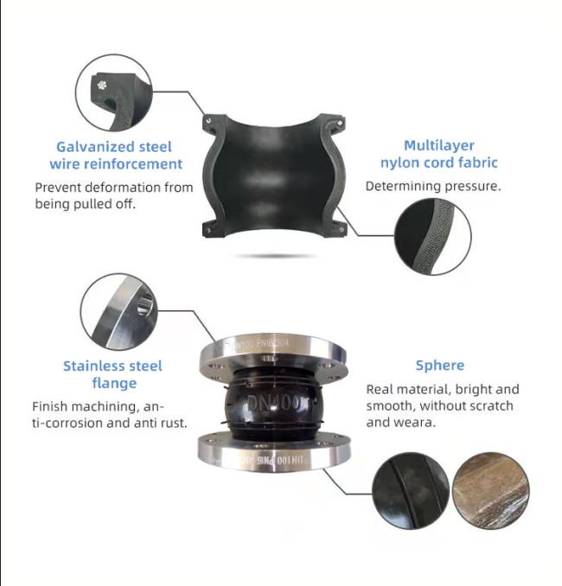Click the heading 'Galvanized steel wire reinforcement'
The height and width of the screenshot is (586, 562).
115,156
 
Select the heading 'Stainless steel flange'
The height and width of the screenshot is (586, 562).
113,374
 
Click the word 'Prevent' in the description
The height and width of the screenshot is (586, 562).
61,187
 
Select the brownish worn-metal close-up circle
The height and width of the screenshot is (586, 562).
491,490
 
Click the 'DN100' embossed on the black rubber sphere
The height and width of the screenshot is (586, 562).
270,404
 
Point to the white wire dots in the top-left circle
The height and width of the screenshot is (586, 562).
102,85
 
